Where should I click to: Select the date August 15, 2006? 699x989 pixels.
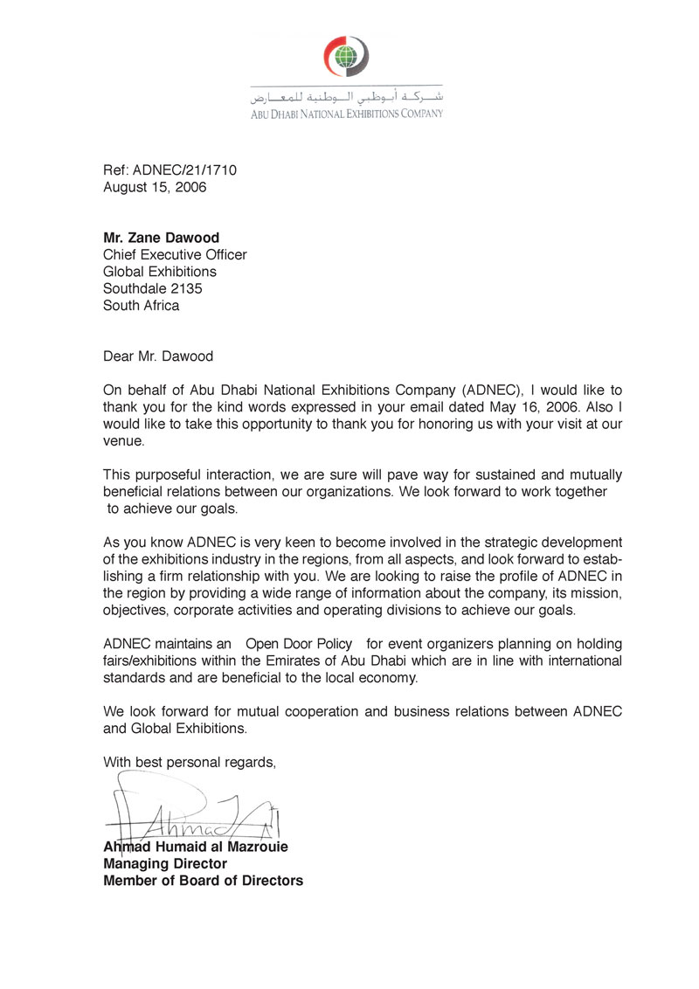click(155, 187)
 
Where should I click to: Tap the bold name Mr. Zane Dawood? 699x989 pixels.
click(163, 238)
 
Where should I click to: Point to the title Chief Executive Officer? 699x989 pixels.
click(175, 255)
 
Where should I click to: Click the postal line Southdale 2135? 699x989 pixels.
click(153, 288)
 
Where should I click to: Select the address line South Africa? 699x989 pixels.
click(141, 306)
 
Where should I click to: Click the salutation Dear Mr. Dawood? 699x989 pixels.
click(158, 356)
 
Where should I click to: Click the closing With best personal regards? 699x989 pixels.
click(190, 762)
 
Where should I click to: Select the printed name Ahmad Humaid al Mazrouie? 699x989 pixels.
click(196, 847)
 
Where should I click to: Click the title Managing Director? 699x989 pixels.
click(165, 863)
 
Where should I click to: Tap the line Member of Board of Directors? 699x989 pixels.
click(203, 881)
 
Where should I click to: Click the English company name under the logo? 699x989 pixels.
click(347, 113)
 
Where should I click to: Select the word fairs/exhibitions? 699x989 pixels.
click(158, 660)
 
